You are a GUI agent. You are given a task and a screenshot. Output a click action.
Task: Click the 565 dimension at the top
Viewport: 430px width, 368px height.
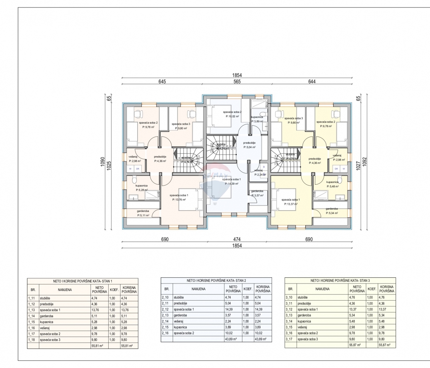tap(237, 82)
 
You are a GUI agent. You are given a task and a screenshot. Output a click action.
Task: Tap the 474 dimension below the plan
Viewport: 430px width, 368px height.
tap(237, 239)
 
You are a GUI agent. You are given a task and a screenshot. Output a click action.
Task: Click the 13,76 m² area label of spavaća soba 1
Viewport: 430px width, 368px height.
tap(179, 199)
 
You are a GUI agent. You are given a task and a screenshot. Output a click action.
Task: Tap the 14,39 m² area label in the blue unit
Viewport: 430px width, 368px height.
tap(231, 184)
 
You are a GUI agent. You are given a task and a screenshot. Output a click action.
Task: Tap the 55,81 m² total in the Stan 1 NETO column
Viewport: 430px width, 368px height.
tap(97, 346)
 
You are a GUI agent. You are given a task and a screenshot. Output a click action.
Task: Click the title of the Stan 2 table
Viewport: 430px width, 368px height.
tap(216, 280)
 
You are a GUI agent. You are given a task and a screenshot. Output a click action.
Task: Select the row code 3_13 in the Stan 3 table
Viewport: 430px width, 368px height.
tap(289, 315)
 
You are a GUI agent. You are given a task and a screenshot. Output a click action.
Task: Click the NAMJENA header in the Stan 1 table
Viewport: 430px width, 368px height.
tap(65, 289)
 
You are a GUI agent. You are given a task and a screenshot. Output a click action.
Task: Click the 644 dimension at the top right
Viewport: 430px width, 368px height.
tap(312, 82)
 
